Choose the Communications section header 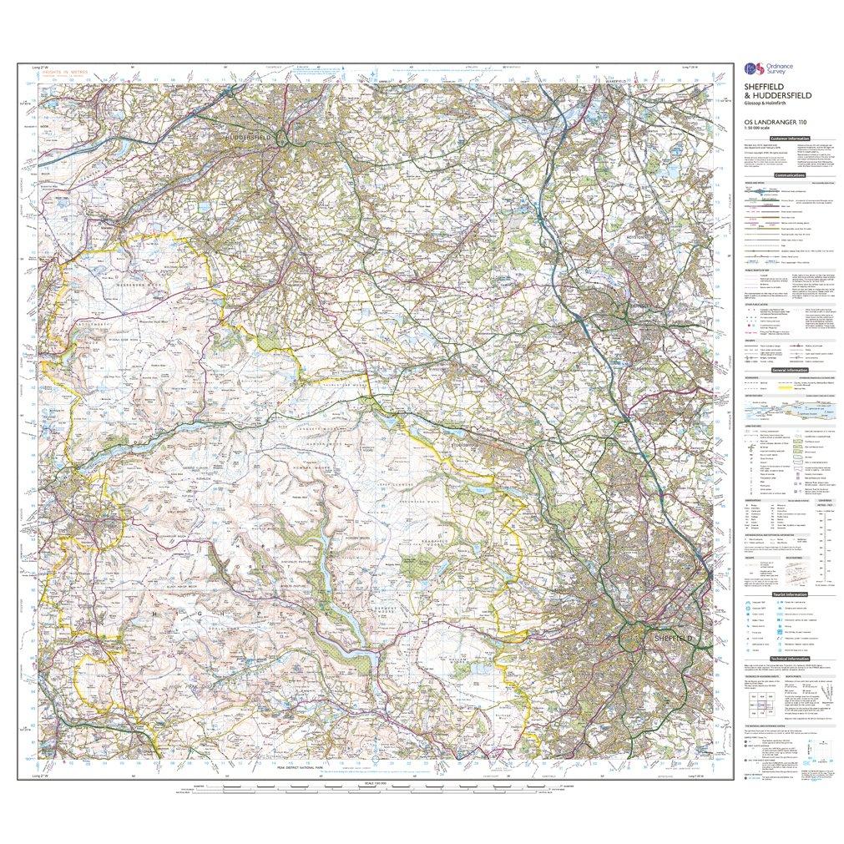[x=789, y=176]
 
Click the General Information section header [x=788, y=370]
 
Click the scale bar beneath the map [x=366, y=788]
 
